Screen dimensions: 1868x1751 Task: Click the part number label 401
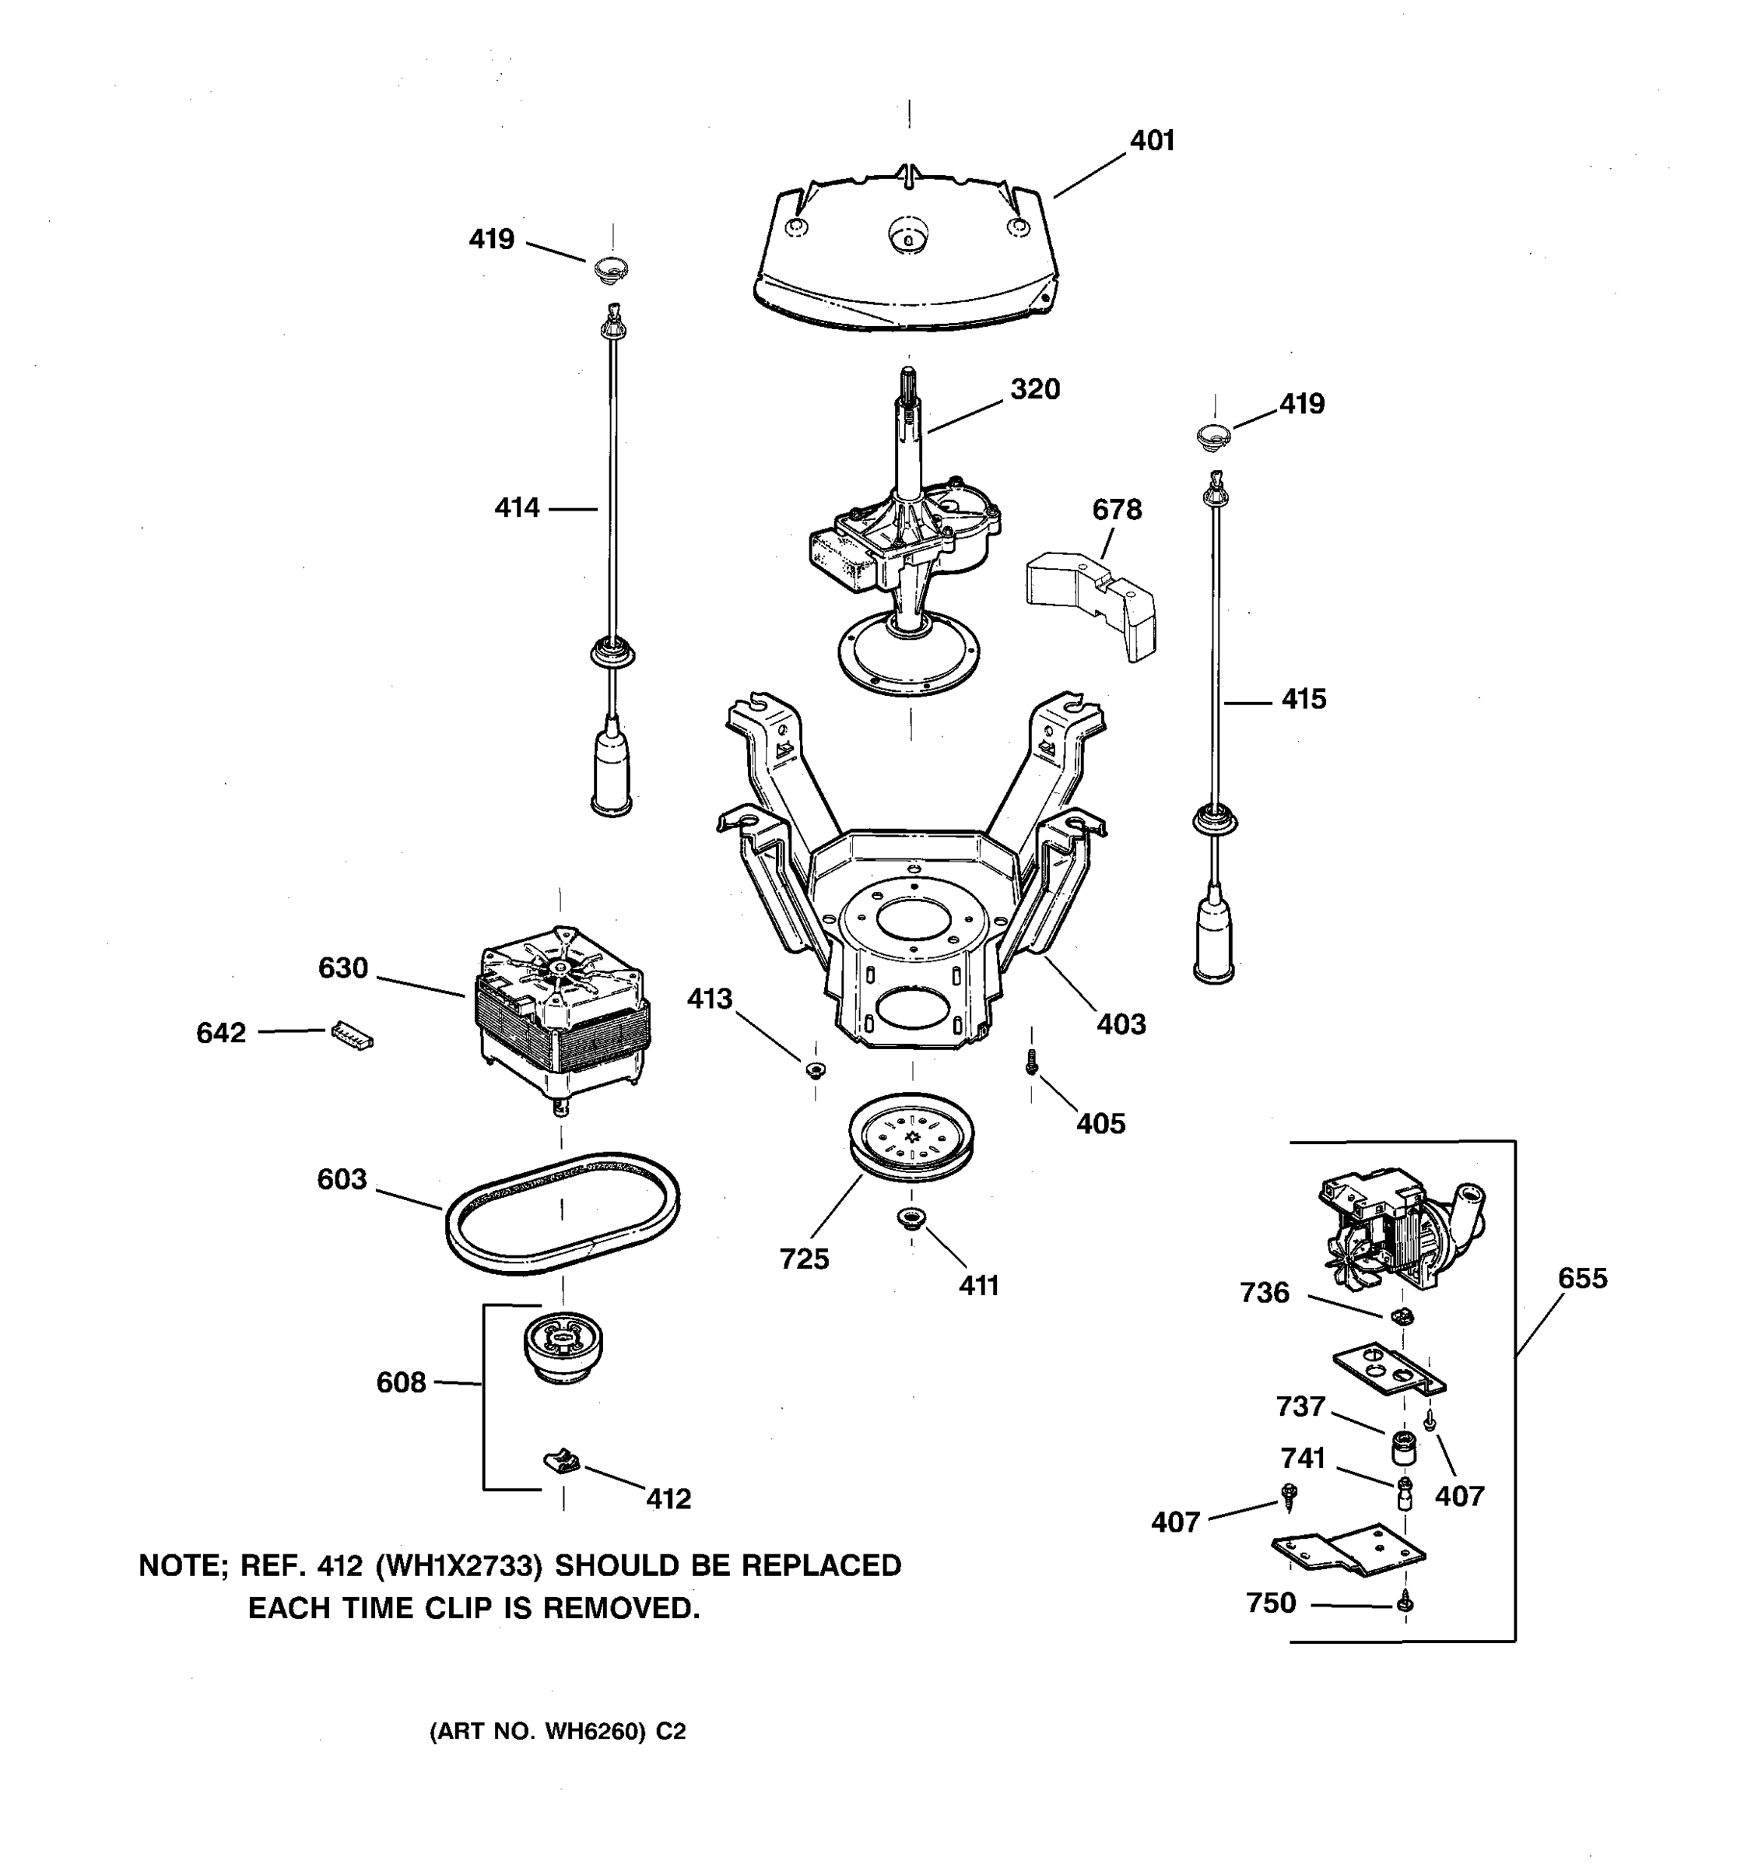click(x=1152, y=141)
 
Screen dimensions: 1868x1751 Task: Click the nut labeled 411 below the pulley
click(x=911, y=1218)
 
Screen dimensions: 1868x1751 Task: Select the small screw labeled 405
click(x=1031, y=1062)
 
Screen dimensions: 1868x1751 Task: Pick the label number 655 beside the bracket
click(x=1582, y=1278)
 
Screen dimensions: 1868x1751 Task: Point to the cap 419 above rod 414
click(x=612, y=269)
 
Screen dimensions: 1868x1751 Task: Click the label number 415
click(x=1303, y=699)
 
